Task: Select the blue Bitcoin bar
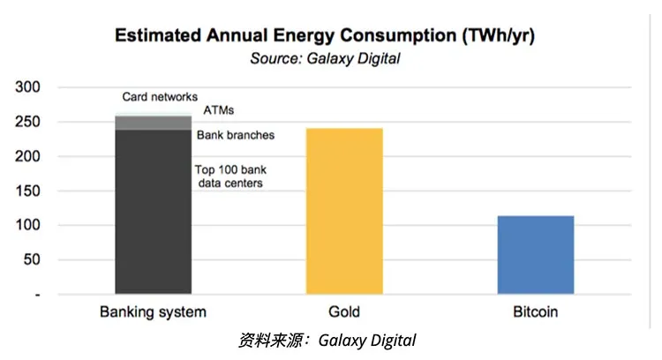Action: [535, 255]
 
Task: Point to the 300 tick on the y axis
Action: [29, 87]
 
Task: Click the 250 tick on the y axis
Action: [29, 122]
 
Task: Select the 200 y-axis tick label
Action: [29, 156]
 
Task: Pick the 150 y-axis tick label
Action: [29, 191]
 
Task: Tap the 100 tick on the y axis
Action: [29, 225]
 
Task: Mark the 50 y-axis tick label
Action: [33, 259]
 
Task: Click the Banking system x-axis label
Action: [153, 312]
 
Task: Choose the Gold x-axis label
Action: [343, 312]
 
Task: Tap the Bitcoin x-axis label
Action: [535, 312]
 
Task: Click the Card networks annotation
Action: [159, 97]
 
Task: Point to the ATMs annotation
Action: [219, 111]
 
